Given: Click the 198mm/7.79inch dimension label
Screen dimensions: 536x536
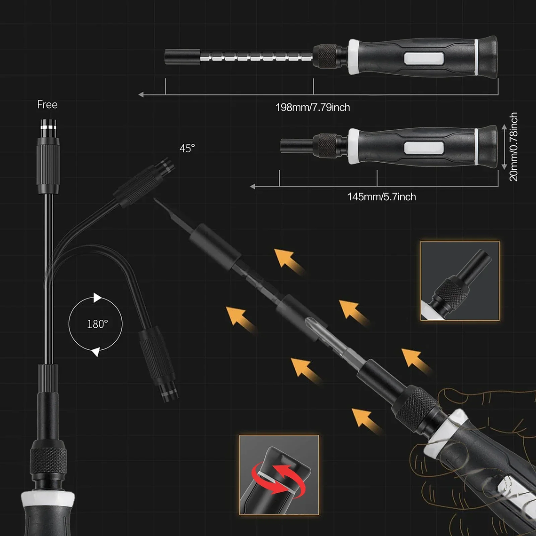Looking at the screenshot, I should (313, 108).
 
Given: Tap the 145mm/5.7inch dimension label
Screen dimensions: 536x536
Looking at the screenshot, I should (381, 197).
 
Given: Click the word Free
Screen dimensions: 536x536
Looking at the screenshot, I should (47, 104).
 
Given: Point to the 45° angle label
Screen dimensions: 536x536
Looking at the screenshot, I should (187, 148).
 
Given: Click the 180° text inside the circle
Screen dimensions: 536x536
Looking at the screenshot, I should (97, 324).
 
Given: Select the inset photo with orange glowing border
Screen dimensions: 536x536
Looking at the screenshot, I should (460, 281).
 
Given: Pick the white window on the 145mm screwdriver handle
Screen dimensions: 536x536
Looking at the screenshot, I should (424, 148).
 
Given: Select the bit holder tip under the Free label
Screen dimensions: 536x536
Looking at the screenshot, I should (47, 129).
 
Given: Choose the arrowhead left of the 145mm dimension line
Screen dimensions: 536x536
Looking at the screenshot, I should (253, 187).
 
